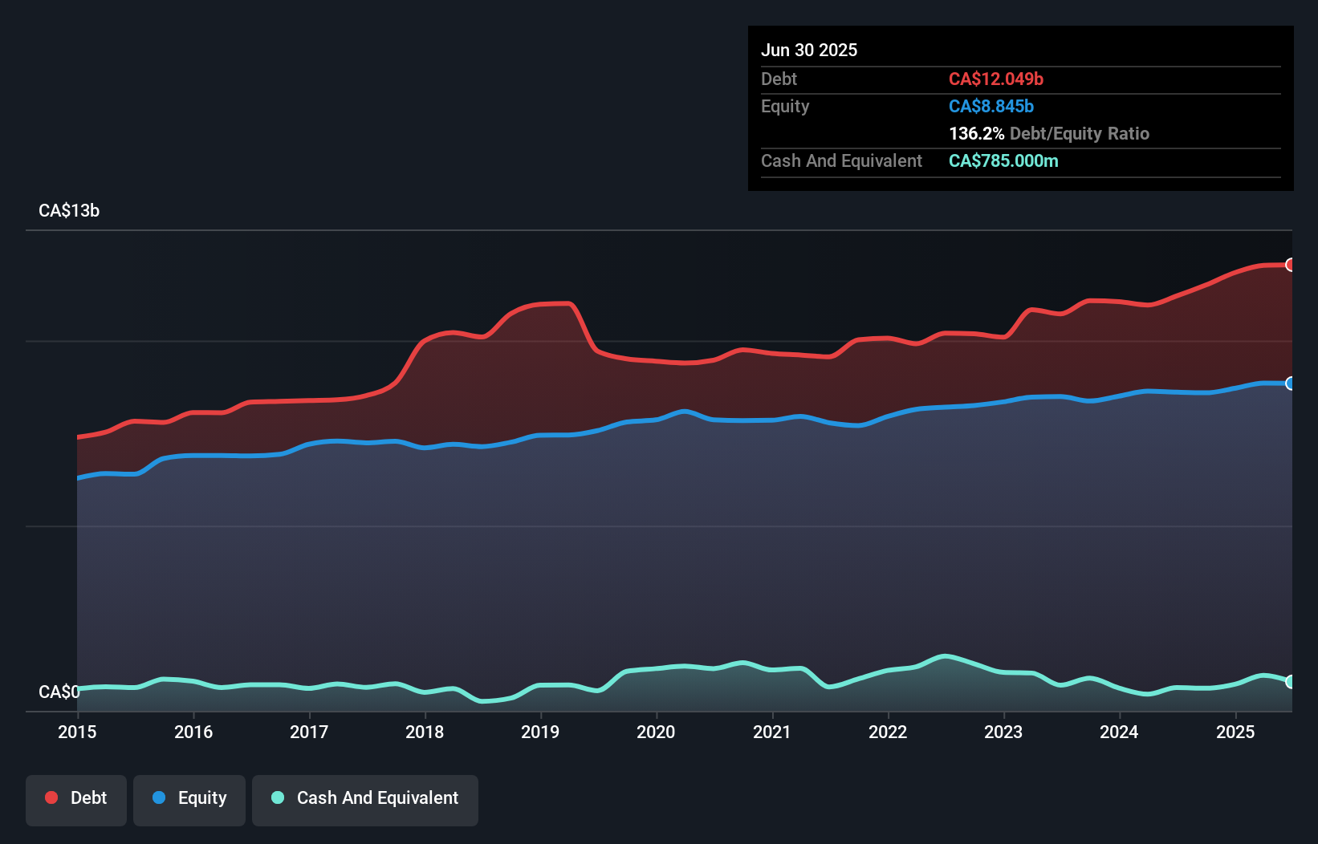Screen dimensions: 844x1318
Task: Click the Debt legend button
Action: click(76, 799)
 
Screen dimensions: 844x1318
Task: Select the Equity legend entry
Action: click(189, 799)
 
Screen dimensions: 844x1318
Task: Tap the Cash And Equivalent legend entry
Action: click(365, 799)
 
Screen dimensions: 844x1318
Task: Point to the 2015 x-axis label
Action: click(77, 732)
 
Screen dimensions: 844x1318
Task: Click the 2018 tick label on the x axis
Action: click(425, 732)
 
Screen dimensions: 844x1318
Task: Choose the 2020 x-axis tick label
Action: click(656, 732)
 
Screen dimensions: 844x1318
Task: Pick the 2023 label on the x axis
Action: click(1003, 732)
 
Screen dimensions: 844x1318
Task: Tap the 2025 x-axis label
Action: click(1235, 732)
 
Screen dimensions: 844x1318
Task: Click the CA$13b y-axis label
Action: click(69, 210)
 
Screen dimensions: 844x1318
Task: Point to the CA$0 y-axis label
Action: click(59, 692)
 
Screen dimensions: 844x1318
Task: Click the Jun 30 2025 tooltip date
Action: click(809, 50)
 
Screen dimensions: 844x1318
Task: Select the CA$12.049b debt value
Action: click(996, 79)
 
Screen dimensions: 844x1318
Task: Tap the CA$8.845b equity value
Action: click(991, 106)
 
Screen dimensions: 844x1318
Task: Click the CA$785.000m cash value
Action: click(1003, 160)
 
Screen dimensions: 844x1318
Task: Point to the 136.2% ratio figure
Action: click(976, 133)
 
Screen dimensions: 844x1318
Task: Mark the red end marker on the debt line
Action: click(1290, 265)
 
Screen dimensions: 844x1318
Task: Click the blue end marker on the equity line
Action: click(1290, 383)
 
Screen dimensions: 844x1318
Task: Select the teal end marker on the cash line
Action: click(1290, 681)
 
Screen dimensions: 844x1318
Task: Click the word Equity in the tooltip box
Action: click(785, 106)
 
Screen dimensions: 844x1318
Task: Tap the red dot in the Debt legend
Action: click(51, 797)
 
